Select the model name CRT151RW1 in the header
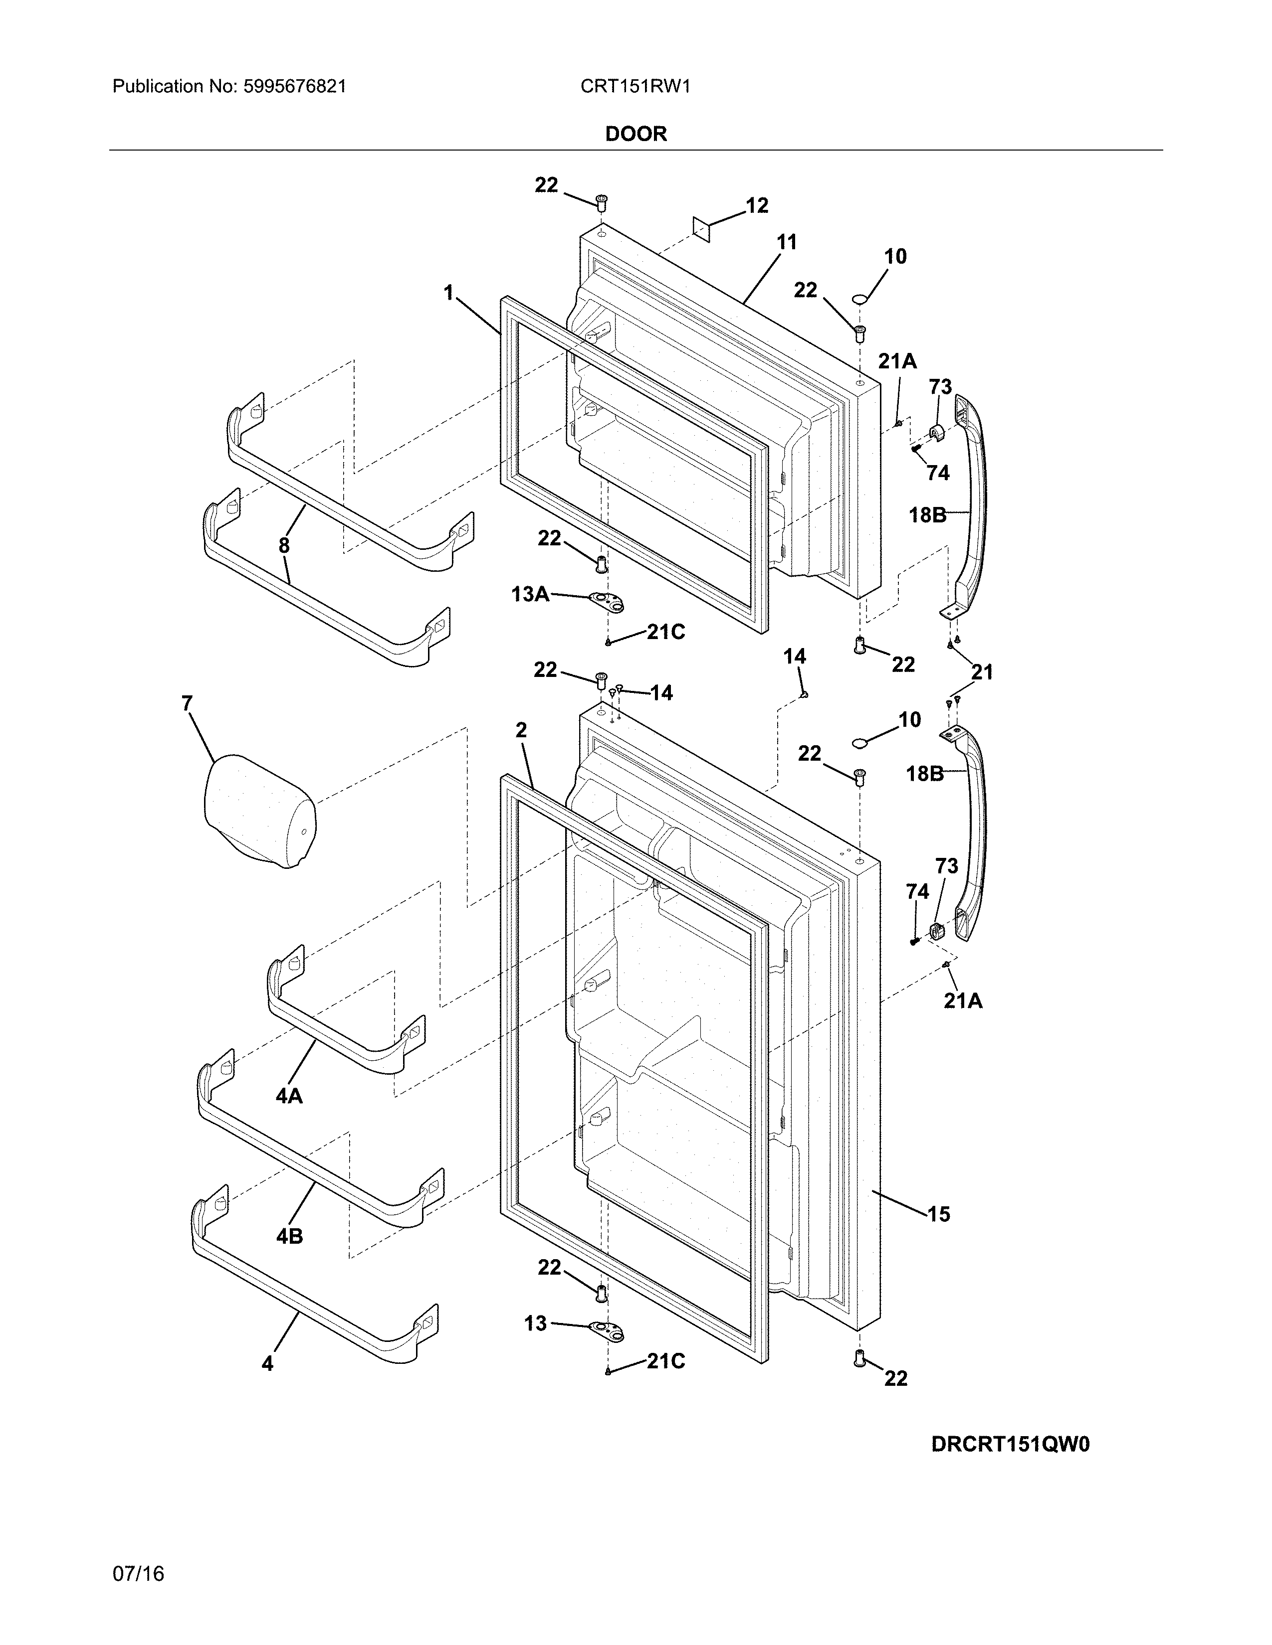pyautogui.click(x=635, y=87)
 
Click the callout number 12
pyautogui.click(x=757, y=205)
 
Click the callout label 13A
pyautogui.click(x=530, y=594)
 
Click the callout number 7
pyautogui.click(x=187, y=703)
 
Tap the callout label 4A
pyautogui.click(x=289, y=1096)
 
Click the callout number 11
pyautogui.click(x=786, y=243)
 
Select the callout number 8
pyautogui.click(x=284, y=546)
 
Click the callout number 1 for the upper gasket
pyautogui.click(x=449, y=293)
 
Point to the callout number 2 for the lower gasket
pyautogui.click(x=521, y=730)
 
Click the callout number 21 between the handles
pyautogui.click(x=982, y=672)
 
